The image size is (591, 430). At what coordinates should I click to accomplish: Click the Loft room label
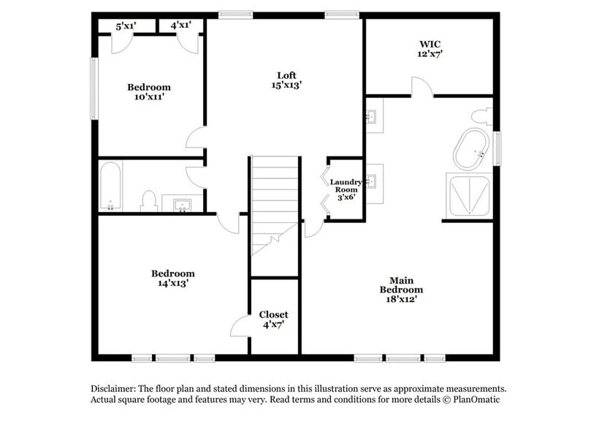286,80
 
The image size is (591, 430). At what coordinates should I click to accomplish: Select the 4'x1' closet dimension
181,26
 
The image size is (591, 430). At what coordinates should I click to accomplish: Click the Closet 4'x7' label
274,319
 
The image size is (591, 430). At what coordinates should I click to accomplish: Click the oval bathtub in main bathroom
471,149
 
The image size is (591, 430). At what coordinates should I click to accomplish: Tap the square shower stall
469,195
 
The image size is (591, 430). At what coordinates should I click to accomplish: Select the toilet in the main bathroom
481,116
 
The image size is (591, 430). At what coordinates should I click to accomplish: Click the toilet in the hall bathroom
149,200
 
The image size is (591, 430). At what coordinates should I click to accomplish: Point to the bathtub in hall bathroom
111,186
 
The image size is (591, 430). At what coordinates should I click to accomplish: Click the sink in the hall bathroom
181,203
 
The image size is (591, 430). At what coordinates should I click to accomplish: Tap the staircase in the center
275,201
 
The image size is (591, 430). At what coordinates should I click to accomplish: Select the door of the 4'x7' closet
241,327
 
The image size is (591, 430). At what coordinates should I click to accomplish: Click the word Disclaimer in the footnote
115,389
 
